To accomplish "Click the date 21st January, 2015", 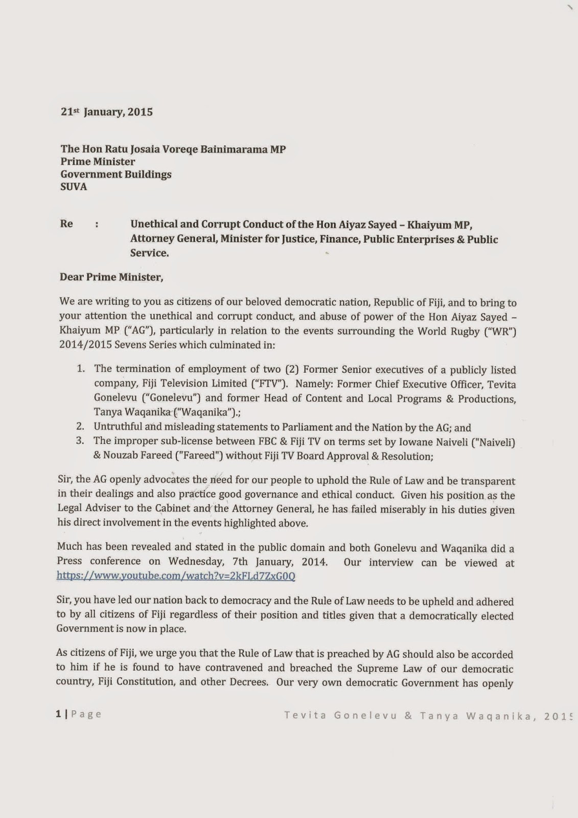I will (107, 112).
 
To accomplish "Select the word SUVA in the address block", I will (74, 187).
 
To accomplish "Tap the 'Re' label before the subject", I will (66, 224).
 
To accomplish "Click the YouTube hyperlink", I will (176, 576).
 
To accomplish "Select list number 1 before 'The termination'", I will (81, 369).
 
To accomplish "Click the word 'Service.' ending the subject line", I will (149, 253).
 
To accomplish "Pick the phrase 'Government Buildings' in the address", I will (116, 174).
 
